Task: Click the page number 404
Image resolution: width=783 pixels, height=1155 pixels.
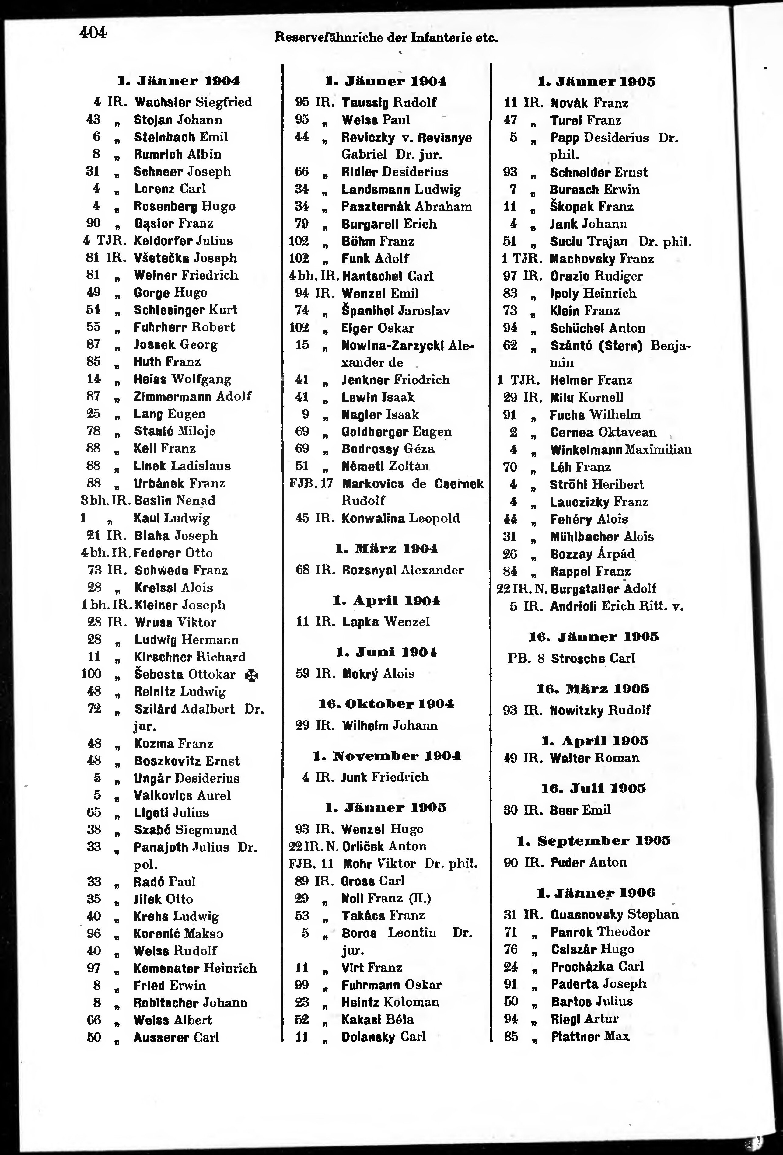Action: [93, 33]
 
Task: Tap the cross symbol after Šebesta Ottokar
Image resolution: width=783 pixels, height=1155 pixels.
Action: [252, 676]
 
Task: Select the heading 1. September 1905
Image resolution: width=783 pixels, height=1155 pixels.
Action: [594, 841]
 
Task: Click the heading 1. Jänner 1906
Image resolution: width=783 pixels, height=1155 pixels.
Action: [596, 893]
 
